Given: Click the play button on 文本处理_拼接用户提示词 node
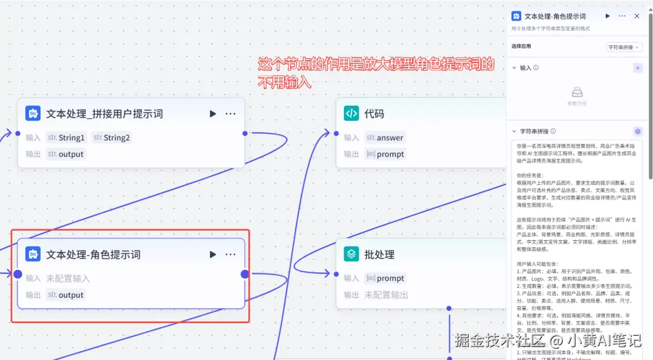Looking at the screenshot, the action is pyautogui.click(x=213, y=114).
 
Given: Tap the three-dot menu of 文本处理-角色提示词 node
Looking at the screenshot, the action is pyautogui.click(x=230, y=255).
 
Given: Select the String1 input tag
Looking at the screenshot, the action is pyautogui.click(x=67, y=137).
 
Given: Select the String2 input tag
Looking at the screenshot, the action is pyautogui.click(x=112, y=137).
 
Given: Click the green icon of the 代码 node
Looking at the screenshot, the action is pyautogui.click(x=351, y=113).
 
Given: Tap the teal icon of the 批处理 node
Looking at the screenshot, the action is pyautogui.click(x=351, y=254).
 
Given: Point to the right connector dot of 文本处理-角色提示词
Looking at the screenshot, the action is pyautogui.click(x=245, y=274).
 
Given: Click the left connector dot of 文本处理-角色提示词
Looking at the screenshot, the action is pyautogui.click(x=18, y=274).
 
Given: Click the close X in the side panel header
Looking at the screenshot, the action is pyautogui.click(x=637, y=16).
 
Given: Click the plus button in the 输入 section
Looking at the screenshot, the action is pyautogui.click(x=637, y=68).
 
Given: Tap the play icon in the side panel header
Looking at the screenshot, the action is pyautogui.click(x=608, y=16).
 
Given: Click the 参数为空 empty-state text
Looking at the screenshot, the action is pyautogui.click(x=577, y=103).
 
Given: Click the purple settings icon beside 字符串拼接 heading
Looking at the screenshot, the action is pyautogui.click(x=637, y=131).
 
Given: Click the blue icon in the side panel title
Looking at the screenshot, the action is pyautogui.click(x=516, y=16).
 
